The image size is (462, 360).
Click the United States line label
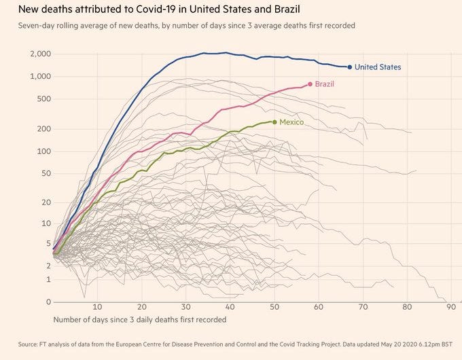(378, 67)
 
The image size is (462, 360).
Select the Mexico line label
(291, 122)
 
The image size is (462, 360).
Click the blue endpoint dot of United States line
(350, 67)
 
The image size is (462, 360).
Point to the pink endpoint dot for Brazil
(310, 84)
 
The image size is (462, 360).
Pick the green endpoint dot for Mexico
(274, 122)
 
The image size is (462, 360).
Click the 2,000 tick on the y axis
(40, 54)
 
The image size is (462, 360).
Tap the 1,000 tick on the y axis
(40, 76)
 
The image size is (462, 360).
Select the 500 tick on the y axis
(43, 98)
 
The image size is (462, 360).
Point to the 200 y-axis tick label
(43, 128)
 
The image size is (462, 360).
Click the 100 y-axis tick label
(43, 151)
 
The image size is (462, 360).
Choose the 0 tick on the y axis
(48, 302)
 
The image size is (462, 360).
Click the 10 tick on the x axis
(98, 307)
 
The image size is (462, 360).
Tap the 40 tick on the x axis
(230, 307)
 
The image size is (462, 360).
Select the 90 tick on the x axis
(451, 307)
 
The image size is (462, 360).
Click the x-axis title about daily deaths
(140, 319)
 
